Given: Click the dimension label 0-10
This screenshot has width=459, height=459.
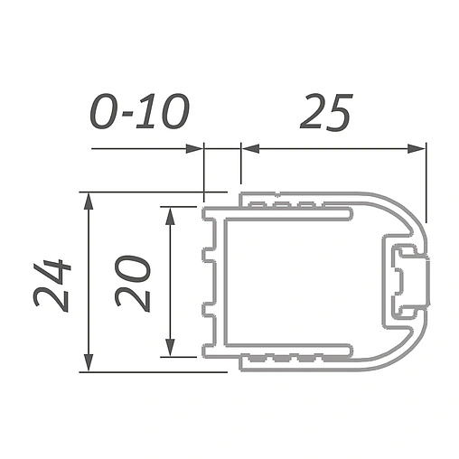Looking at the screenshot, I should pyautogui.click(x=140, y=112).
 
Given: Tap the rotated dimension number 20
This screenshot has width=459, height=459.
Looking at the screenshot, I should pyautogui.click(x=134, y=283).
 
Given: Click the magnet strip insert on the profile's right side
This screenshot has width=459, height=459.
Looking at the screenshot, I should pyautogui.click(x=407, y=281).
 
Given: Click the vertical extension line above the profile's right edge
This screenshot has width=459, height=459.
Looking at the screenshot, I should pyautogui.click(x=425, y=181).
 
